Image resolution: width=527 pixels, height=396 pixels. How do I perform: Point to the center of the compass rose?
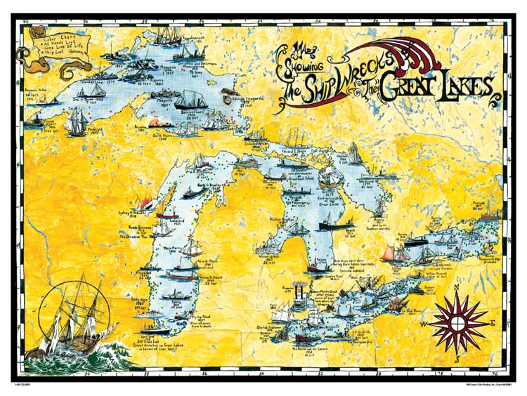[x=456, y=322]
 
